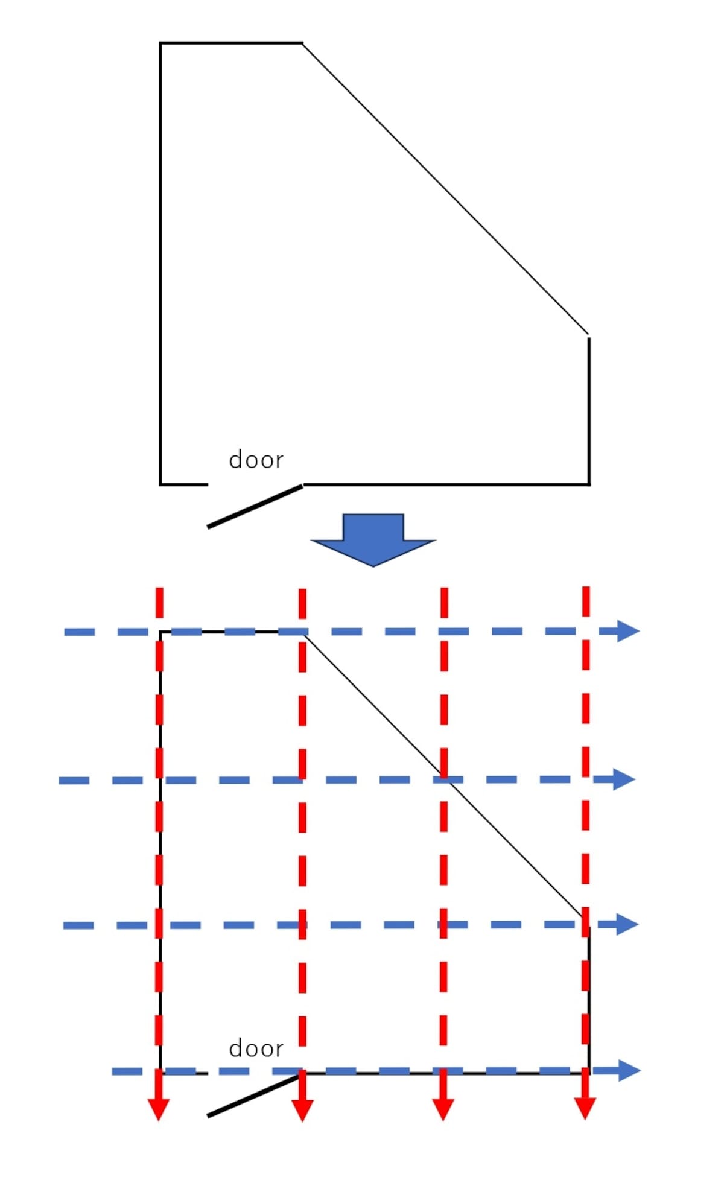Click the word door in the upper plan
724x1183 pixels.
[x=256, y=460]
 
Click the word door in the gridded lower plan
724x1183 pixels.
[x=256, y=1049]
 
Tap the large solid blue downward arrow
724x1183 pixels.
[x=373, y=540]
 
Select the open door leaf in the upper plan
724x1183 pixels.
[x=255, y=506]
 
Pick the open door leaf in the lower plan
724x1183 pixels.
[x=255, y=1095]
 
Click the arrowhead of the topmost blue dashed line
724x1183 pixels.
[x=628, y=631]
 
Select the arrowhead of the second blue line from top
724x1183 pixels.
[x=624, y=779]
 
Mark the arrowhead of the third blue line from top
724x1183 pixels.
[x=627, y=924]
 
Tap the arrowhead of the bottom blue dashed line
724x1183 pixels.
[x=629, y=1070]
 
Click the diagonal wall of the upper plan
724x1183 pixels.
[x=445, y=188]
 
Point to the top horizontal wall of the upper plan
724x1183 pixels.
[x=231, y=43]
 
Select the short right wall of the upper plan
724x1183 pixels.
[x=589, y=410]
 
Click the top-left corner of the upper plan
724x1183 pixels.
[x=160, y=43]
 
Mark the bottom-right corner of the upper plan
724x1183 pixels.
[x=589, y=484]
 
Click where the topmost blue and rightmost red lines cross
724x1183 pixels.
[x=586, y=631]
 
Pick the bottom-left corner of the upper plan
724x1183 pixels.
[x=160, y=484]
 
